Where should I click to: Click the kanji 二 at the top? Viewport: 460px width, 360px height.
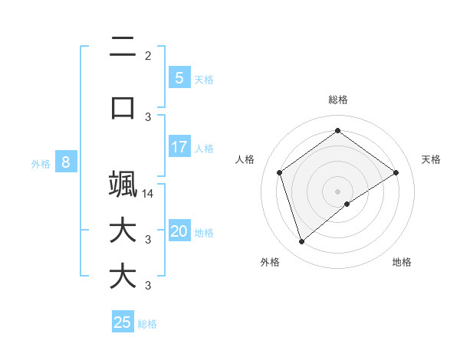pyautogui.click(x=123, y=47)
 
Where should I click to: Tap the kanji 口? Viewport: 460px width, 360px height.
pyautogui.click(x=123, y=107)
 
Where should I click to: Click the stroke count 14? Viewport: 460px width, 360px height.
pyautogui.click(x=149, y=194)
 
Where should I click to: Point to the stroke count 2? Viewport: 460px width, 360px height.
pyautogui.click(x=148, y=55)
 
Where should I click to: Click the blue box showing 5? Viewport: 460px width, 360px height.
pyautogui.click(x=179, y=77)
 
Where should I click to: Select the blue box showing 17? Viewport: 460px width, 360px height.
pyautogui.click(x=179, y=146)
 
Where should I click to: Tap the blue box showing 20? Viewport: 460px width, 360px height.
pyautogui.click(x=179, y=231)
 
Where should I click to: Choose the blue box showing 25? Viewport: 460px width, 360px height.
pyautogui.click(x=123, y=322)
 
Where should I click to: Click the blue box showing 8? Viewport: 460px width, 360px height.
pyautogui.click(x=66, y=162)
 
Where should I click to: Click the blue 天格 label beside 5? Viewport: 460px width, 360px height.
pyautogui.click(x=204, y=79)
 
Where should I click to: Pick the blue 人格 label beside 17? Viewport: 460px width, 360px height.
pyautogui.click(x=204, y=148)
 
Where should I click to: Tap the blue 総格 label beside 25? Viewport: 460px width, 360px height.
pyautogui.click(x=147, y=323)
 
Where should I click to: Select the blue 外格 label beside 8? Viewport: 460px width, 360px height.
pyautogui.click(x=41, y=163)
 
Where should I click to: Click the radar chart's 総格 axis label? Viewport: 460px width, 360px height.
pyautogui.click(x=337, y=100)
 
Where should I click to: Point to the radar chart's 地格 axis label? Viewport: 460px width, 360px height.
pyautogui.click(x=402, y=262)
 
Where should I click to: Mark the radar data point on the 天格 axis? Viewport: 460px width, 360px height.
pyautogui.click(x=396, y=172)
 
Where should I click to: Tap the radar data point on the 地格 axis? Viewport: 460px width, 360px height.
pyautogui.click(x=347, y=204)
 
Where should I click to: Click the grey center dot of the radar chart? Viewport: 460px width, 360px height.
pyautogui.click(x=337, y=191)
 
